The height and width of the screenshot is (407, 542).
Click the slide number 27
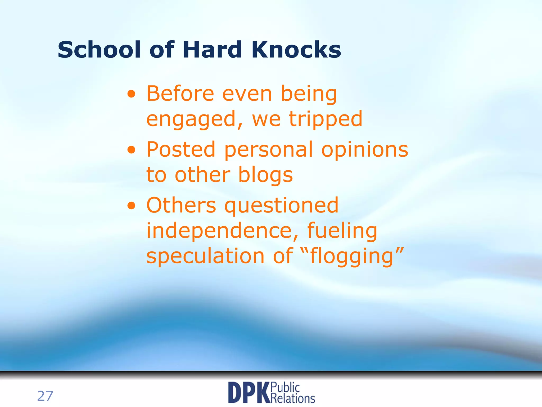45,396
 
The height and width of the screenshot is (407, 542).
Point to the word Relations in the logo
293,398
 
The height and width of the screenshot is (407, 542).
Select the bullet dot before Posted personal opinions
131,150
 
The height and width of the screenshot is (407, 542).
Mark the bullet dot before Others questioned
131,206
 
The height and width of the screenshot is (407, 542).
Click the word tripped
325,119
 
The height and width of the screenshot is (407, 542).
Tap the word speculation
205,256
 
